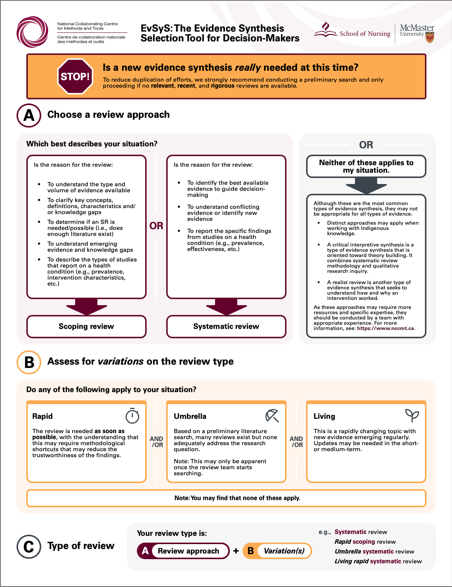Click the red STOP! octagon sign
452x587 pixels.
[x=75, y=76]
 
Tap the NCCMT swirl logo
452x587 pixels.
[x=32, y=32]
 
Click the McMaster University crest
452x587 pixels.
[x=430, y=37]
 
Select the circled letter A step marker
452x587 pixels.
[x=29, y=116]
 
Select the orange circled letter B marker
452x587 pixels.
[x=29, y=362]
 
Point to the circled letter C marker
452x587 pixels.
[x=29, y=546]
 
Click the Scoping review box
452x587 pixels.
[x=86, y=326]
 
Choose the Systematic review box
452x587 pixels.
[x=226, y=326]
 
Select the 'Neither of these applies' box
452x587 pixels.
[x=366, y=166]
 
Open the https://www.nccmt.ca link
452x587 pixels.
[x=385, y=328]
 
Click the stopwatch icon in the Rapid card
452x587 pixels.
[x=132, y=416]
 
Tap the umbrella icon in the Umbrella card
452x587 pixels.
[x=272, y=416]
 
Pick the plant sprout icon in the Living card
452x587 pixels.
[x=412, y=415]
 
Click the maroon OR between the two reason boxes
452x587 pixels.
[x=156, y=226]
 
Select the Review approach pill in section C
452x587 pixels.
[x=183, y=551]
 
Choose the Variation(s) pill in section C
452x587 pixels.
[x=277, y=551]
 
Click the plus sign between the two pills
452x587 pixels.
[x=236, y=551]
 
